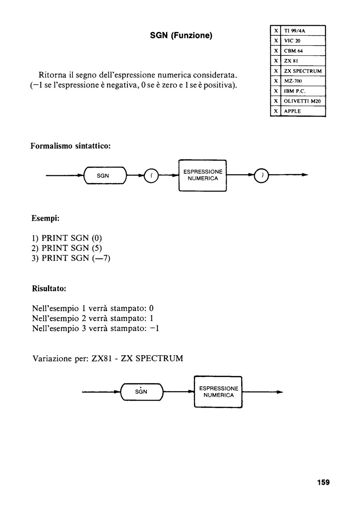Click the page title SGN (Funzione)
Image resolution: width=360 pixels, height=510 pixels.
coord(181,36)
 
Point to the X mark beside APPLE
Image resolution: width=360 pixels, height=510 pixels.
coord(276,111)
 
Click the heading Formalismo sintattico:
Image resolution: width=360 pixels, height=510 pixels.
coord(71,146)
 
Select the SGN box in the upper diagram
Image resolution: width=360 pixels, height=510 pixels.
coord(105,175)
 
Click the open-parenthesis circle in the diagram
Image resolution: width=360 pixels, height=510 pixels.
coord(151,176)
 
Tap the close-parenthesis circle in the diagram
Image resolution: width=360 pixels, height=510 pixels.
coord(261,175)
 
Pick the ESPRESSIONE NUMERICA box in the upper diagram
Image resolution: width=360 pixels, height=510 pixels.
coord(203,175)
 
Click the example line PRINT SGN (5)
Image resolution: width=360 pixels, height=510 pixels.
coord(67,248)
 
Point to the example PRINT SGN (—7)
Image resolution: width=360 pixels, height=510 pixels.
coord(71,258)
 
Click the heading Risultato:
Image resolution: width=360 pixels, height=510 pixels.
coord(49,289)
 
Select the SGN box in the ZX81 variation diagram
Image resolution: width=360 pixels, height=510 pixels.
coord(142,392)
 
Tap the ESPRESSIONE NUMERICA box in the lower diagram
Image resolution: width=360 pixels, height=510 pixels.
coord(218,392)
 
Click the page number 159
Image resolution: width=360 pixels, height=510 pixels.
coord(323,482)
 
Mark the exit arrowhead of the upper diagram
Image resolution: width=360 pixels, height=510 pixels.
coord(305,175)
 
